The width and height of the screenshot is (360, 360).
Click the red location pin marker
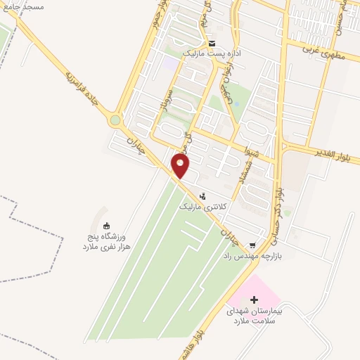(181, 166)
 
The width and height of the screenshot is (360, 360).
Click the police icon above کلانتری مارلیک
(203, 196)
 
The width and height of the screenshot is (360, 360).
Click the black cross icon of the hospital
(254, 300)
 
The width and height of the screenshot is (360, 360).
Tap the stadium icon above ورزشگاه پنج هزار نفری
(106, 226)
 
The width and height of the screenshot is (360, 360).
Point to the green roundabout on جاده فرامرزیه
(115, 120)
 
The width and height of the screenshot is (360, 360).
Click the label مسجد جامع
(24, 6)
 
